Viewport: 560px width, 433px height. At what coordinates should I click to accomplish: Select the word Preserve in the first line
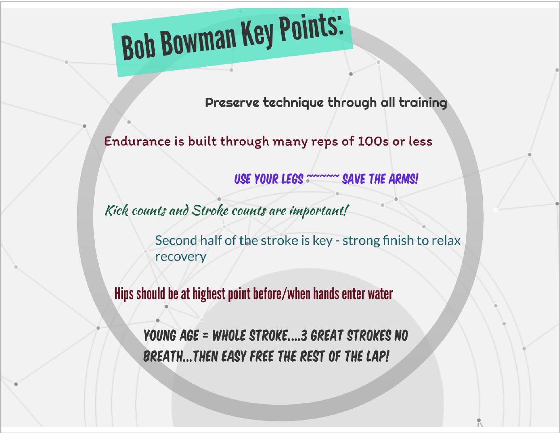point(232,103)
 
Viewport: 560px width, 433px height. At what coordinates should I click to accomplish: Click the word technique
point(293,103)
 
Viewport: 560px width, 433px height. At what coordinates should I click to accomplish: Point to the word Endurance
point(137,141)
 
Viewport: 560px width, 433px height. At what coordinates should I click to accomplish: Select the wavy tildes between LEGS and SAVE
point(323,176)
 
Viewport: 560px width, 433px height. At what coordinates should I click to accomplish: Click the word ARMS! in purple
point(404,179)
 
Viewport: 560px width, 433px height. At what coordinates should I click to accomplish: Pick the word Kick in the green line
point(117,210)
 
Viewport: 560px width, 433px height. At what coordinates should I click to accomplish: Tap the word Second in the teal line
point(176,240)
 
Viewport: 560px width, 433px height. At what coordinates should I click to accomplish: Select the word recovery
point(181,257)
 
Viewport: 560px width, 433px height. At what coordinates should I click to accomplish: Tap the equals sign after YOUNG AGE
point(205,336)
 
